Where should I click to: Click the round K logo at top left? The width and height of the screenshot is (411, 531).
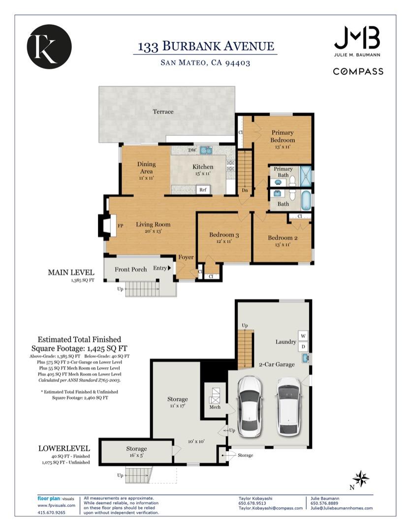pyautogui.click(x=49, y=47)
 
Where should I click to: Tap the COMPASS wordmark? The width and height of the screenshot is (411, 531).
pyautogui.click(x=358, y=71)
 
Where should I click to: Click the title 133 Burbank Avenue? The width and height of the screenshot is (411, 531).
pyautogui.click(x=206, y=46)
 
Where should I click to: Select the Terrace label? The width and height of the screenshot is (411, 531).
pyautogui.click(x=163, y=112)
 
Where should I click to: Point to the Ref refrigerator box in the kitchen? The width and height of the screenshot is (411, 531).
pyautogui.click(x=203, y=190)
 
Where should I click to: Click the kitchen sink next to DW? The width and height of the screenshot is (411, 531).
pyautogui.click(x=206, y=150)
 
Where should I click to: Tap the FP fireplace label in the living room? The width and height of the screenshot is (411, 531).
pyautogui.click(x=120, y=226)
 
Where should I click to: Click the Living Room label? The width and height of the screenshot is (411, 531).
pyautogui.click(x=153, y=224)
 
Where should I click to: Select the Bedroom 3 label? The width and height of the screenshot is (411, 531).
pyautogui.click(x=224, y=235)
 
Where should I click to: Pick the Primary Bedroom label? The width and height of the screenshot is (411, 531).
pyautogui.click(x=283, y=136)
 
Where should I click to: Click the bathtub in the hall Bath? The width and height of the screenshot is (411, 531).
pyautogui.click(x=306, y=200)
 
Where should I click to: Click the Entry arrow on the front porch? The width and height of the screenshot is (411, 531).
pyautogui.click(x=169, y=268)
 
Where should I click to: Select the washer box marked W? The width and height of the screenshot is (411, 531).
pyautogui.click(x=303, y=336)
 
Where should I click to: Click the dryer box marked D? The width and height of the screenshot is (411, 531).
pyautogui.click(x=303, y=347)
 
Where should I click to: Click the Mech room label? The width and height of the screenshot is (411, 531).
pyautogui.click(x=215, y=407)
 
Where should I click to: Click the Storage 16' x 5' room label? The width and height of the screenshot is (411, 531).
pyautogui.click(x=136, y=452)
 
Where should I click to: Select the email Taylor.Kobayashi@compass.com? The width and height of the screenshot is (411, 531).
pyautogui.click(x=271, y=508)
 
